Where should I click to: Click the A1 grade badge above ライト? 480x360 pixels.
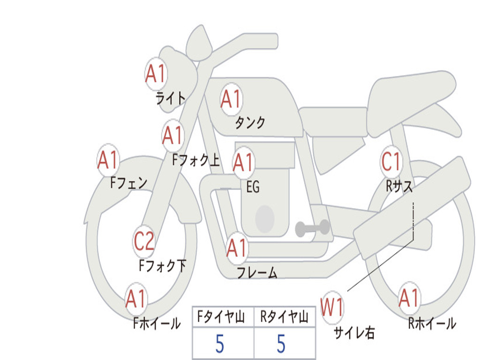pyautogui.click(x=156, y=74)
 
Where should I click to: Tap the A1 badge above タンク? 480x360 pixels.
pyautogui.click(x=231, y=99)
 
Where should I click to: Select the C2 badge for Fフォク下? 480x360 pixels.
pyautogui.click(x=144, y=241)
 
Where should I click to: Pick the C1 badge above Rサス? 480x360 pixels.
pyautogui.click(x=391, y=162)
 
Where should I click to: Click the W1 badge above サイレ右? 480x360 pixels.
pyautogui.click(x=332, y=308)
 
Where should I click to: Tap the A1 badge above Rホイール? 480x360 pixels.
pyautogui.click(x=409, y=298)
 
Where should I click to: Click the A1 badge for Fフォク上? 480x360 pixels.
pyautogui.click(x=172, y=135)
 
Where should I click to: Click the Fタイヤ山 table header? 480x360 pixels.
pyautogui.click(x=223, y=318)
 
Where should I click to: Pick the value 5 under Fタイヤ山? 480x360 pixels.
pyautogui.click(x=219, y=344)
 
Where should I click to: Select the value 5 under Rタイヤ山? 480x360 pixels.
pyautogui.click(x=281, y=344)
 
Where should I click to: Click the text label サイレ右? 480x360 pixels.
pyautogui.click(x=354, y=332)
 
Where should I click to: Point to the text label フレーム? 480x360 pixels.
pyautogui.click(x=257, y=272)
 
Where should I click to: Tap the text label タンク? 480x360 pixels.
pyautogui.click(x=250, y=123)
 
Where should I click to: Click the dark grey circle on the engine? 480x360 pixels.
pyautogui.click(x=265, y=218)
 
